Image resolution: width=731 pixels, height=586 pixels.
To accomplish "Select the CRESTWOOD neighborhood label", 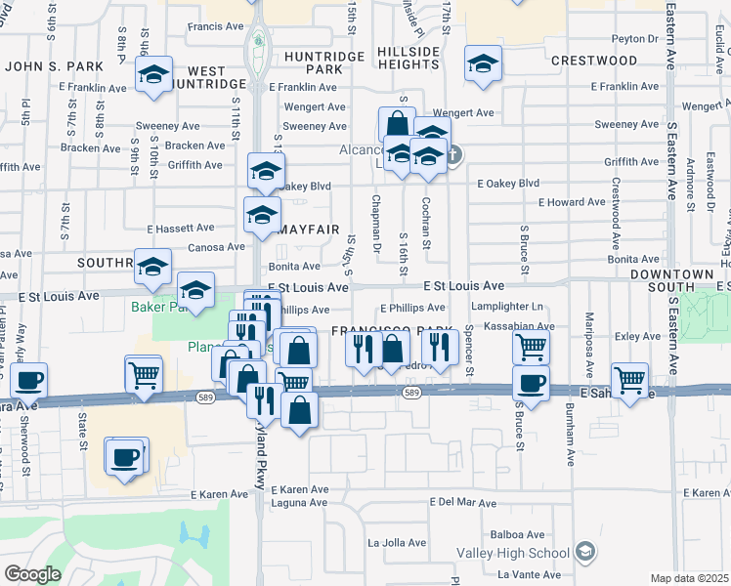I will tap(594, 61).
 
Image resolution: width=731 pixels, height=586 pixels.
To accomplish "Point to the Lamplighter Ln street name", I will tap(505, 307).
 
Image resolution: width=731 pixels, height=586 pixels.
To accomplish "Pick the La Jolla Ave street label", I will tap(397, 542).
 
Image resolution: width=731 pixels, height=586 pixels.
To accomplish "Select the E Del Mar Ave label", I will tap(464, 502).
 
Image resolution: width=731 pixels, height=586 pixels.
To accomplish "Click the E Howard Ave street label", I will tap(573, 202).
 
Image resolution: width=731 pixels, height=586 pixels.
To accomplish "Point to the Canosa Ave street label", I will tap(216, 247).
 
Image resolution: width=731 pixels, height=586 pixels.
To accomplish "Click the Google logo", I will tap(32, 574).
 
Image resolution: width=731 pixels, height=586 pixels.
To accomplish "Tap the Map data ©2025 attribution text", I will tap(690, 578).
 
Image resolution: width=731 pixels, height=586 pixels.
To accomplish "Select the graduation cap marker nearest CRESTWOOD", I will tap(482, 63).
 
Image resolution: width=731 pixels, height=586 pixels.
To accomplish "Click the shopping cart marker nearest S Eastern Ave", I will tap(629, 380).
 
